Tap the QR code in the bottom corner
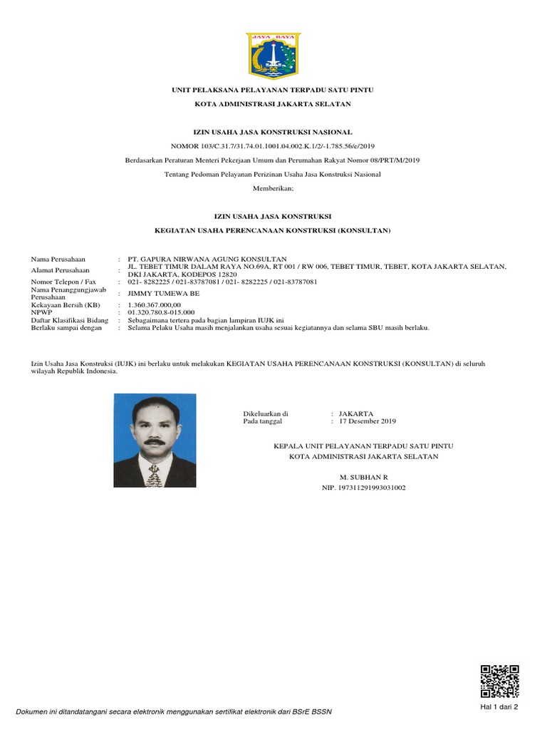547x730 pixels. pyautogui.click(x=500, y=680)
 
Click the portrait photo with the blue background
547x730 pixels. pyautogui.click(x=155, y=440)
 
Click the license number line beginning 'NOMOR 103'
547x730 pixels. pyautogui.click(x=273, y=146)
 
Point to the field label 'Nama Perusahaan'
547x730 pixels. pyautogui.click(x=58, y=259)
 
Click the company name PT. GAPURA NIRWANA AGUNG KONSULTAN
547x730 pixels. pyautogui.click(x=207, y=259)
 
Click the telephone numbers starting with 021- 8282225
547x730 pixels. pyautogui.click(x=222, y=282)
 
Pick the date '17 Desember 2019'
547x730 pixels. pyautogui.click(x=368, y=422)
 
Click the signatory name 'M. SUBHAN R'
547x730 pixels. pyautogui.click(x=364, y=475)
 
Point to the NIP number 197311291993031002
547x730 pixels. pyautogui.click(x=364, y=488)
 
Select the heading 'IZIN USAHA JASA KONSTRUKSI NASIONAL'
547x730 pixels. pyautogui.click(x=273, y=132)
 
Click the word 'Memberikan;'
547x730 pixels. pyautogui.click(x=273, y=188)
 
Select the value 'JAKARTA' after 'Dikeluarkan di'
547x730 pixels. pyautogui.click(x=356, y=413)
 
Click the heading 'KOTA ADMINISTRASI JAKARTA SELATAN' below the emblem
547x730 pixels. pyautogui.click(x=273, y=104)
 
